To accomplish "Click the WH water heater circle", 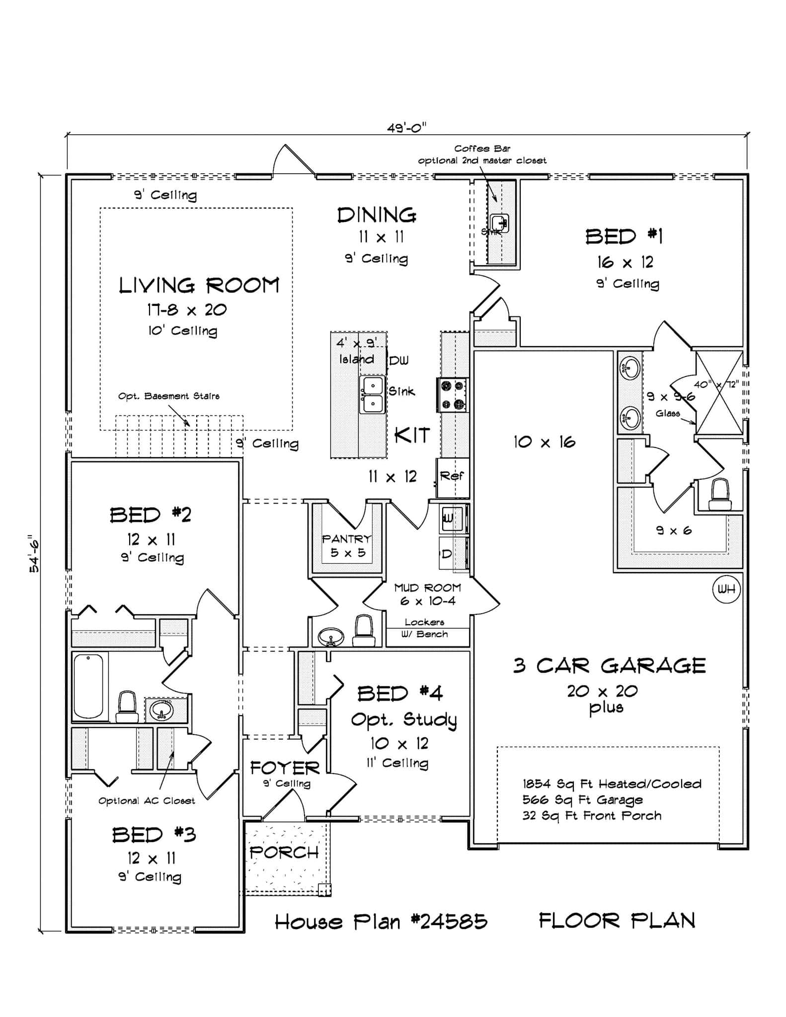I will [x=726, y=589].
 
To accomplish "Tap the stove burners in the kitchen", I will [x=452, y=395].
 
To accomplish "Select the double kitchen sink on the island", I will [x=372, y=395].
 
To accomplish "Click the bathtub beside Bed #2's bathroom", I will [x=88, y=685].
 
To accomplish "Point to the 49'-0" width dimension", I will [x=406, y=128].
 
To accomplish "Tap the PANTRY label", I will [x=347, y=539].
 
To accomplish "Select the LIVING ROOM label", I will [x=199, y=286].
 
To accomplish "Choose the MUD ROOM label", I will [x=427, y=588].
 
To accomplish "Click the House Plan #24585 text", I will [x=381, y=922].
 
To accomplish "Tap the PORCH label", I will [x=284, y=852].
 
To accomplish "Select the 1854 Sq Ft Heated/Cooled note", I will [x=612, y=784].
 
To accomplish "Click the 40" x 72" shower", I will [x=718, y=392].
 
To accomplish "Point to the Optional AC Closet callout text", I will [x=147, y=800].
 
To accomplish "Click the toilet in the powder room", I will [x=364, y=631].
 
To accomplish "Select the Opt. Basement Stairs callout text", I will [x=168, y=396].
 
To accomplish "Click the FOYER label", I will [x=285, y=768].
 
